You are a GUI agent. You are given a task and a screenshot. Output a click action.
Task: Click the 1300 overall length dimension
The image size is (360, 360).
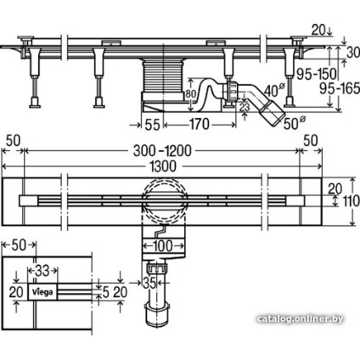pos(163,166)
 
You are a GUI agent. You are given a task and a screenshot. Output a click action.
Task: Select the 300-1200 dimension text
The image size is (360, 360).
pos(162,151)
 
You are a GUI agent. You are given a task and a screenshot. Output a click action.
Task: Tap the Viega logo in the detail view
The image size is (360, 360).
pos(42,291)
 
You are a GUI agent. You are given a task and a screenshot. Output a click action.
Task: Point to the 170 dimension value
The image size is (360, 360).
pos(200,124)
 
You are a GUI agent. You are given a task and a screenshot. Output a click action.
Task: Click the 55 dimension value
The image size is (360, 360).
pos(152,125)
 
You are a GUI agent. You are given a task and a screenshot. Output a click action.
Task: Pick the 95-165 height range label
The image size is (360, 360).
pos(340,89)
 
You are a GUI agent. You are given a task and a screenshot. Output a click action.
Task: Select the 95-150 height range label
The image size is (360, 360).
pos(316,74)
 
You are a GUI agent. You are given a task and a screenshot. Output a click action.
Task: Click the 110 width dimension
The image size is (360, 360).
pos(351,201)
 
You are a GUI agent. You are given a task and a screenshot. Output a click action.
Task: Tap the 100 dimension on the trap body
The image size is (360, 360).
pos(163,246)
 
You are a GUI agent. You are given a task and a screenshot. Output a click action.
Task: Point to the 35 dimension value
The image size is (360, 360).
pos(149,283)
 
